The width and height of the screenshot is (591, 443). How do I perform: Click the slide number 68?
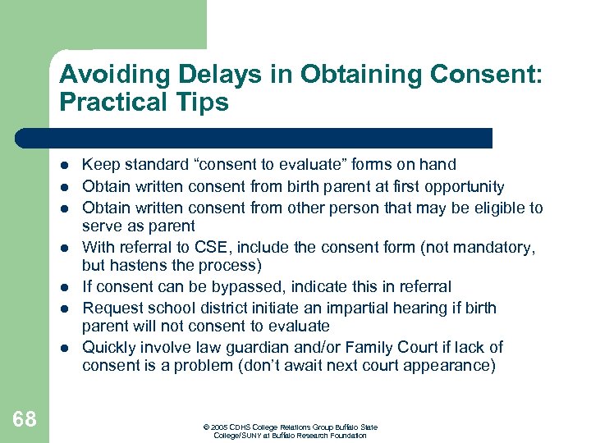pyautogui.click(x=25, y=420)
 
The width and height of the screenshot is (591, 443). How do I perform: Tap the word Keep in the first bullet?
pyautogui.click(x=99, y=165)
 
